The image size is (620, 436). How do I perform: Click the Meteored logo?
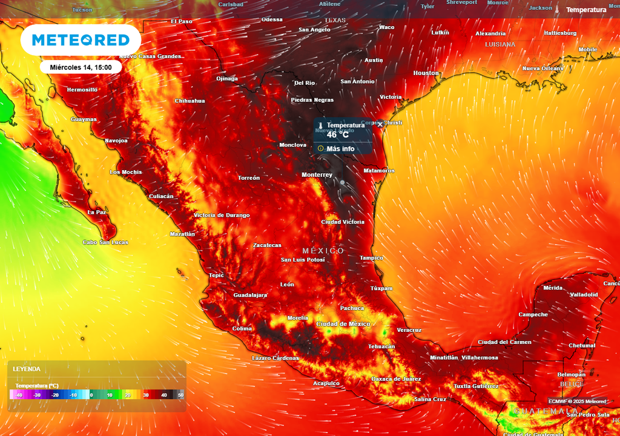(x=81, y=40)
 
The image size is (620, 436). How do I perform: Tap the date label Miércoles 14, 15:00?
(x=81, y=67)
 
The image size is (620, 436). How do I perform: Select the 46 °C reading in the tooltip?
(x=337, y=135)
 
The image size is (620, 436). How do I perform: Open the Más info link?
(x=340, y=149)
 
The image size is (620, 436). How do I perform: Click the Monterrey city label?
(x=317, y=175)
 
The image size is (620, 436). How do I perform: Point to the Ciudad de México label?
(x=343, y=324)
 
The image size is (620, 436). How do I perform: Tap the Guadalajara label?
(x=250, y=295)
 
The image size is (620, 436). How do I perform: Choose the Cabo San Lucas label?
(x=105, y=242)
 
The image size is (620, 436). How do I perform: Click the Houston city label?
(x=426, y=73)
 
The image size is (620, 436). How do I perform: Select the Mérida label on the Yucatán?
(x=553, y=288)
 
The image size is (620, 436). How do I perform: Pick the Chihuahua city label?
(x=190, y=101)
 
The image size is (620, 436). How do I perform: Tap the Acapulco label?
(x=326, y=383)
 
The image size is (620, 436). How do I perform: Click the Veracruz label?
(x=409, y=330)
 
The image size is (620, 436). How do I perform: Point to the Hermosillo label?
(x=82, y=90)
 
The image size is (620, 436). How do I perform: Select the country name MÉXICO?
(x=323, y=251)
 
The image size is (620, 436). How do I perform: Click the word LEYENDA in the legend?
(x=27, y=369)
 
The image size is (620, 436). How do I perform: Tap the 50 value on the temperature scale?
(x=180, y=395)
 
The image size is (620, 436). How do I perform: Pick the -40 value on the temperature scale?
(x=19, y=395)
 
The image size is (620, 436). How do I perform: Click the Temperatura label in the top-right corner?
(x=586, y=10)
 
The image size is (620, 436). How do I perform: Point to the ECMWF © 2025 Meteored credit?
(x=577, y=401)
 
